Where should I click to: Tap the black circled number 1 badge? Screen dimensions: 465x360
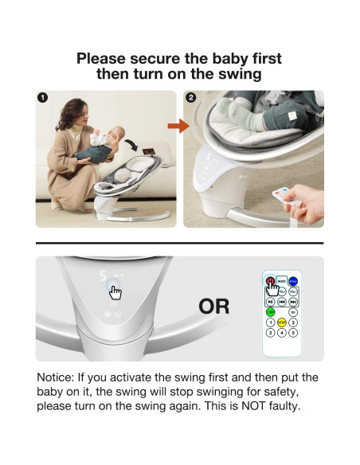coord(42,98)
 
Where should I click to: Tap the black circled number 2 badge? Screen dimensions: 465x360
coord(190,98)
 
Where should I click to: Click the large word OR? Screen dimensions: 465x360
coord(213,306)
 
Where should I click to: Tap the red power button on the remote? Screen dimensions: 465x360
coord(271,281)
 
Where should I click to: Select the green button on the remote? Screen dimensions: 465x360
coord(271,312)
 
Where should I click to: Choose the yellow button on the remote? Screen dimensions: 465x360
coord(282,322)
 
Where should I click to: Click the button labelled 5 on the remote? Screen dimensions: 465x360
coord(293,333)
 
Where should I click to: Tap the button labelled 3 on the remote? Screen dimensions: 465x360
coord(271,333)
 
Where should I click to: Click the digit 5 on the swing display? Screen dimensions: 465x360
coord(106,277)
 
